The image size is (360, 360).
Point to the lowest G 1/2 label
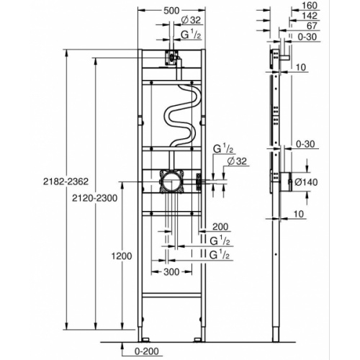coord(220,256)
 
